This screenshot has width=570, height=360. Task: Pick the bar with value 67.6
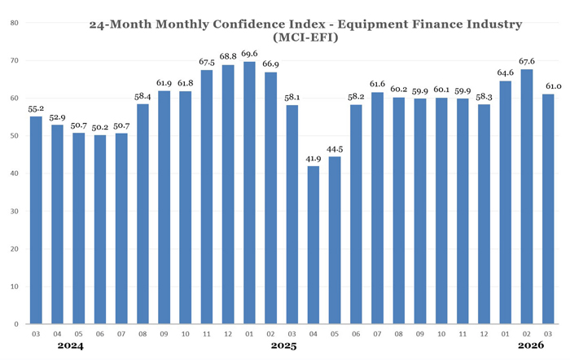click(527, 196)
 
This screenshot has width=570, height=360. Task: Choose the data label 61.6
click(378, 84)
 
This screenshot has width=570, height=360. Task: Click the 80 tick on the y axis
click(15, 23)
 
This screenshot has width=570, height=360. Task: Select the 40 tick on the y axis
click(15, 173)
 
